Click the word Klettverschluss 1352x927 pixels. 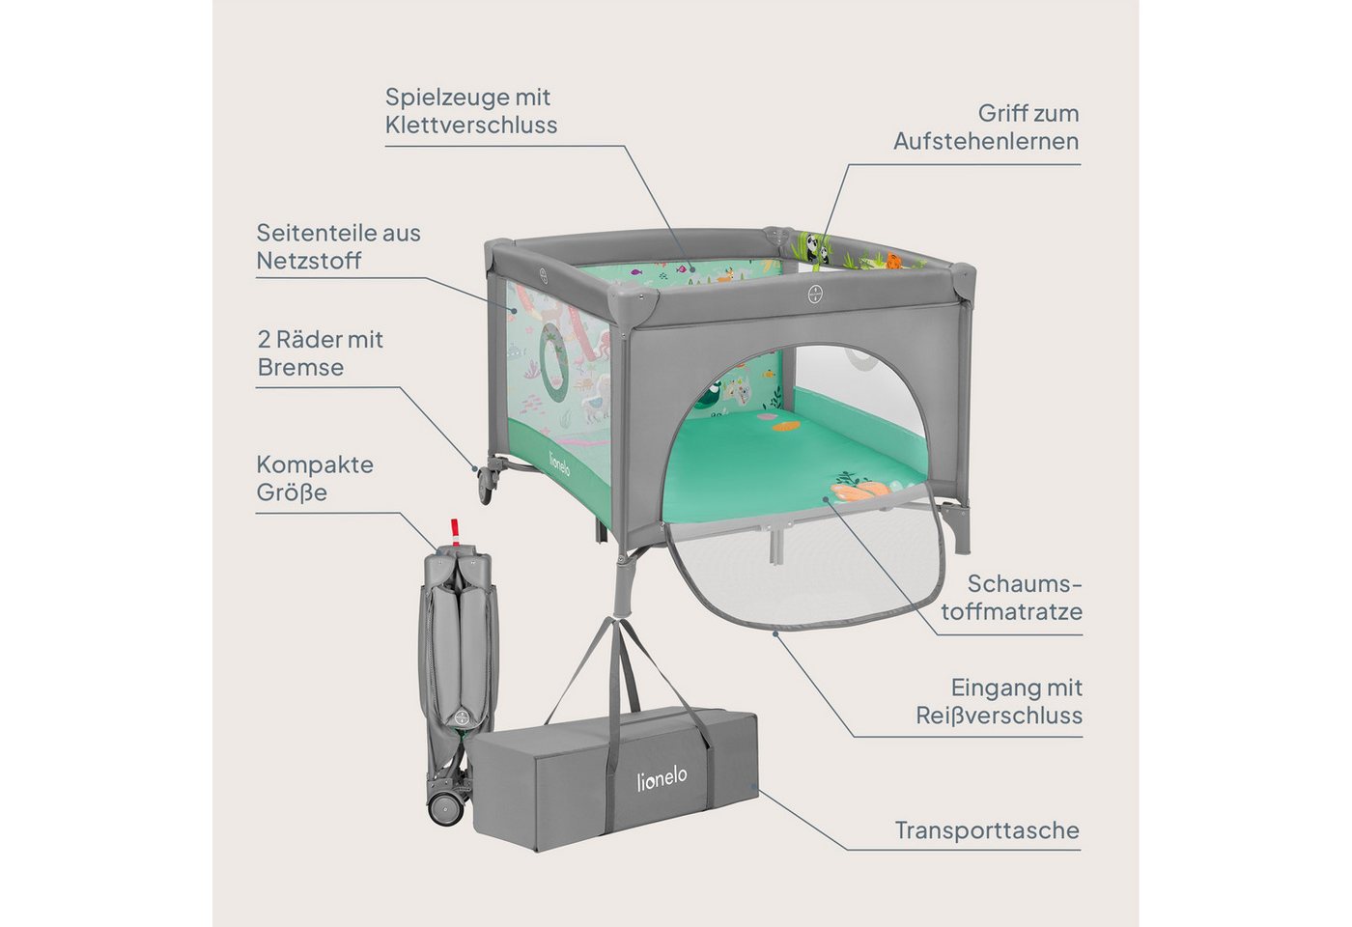[x=471, y=126]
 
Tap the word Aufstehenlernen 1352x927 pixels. [x=986, y=143]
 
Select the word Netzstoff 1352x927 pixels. [x=308, y=261]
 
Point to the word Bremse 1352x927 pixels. [x=300, y=367]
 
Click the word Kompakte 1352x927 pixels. [x=315, y=464]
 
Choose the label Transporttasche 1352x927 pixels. [x=987, y=830]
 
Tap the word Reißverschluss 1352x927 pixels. [x=999, y=716]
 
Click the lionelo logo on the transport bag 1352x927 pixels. [x=662, y=776]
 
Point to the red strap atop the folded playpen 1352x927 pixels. [x=456, y=532]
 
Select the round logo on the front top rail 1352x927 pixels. [x=815, y=295]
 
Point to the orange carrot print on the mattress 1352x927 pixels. [x=859, y=491]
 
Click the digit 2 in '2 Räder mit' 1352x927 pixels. [x=264, y=340]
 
